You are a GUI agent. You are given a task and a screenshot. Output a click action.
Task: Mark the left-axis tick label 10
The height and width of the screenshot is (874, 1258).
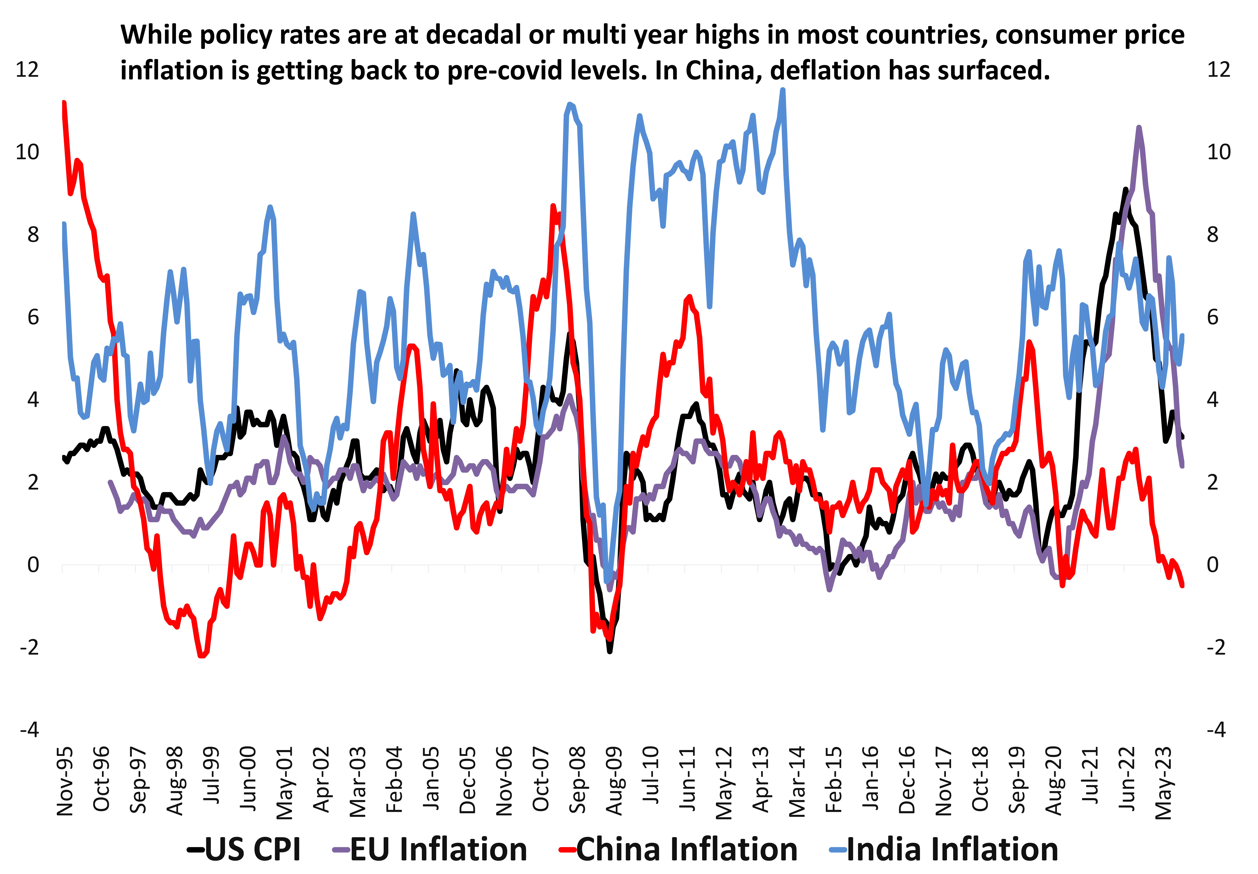[27, 152]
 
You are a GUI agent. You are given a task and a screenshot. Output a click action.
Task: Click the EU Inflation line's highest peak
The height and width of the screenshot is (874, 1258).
[1139, 128]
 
